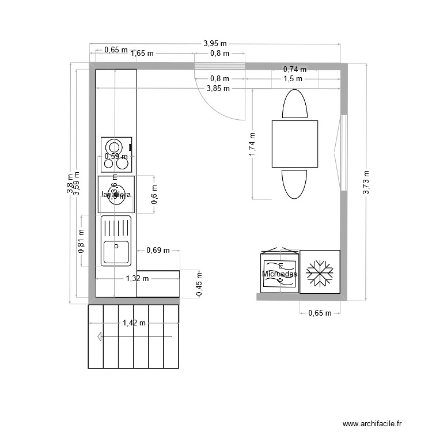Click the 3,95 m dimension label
pos(215,43)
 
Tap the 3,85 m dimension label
pos(218,88)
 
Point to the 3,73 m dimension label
pos(367,183)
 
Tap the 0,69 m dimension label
pos(158,250)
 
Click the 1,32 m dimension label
pos(137,279)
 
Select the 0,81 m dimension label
pos(81,241)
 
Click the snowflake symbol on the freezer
pos(320,272)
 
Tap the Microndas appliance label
pos(279,274)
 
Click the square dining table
pos(295,144)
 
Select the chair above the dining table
pos(295,104)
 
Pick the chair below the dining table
pos(295,185)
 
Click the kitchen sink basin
pos(116,252)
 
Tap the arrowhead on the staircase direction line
pos(101,337)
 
